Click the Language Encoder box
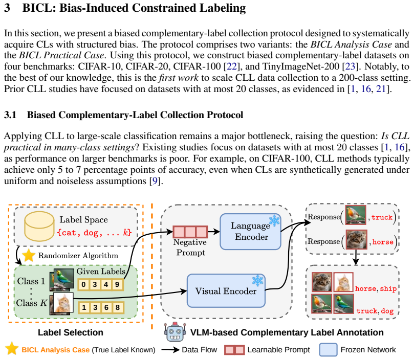click(250, 232)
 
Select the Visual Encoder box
click(226, 290)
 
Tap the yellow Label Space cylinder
click(39, 226)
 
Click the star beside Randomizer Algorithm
click(29, 255)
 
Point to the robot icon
click(175, 332)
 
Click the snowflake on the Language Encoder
click(274, 220)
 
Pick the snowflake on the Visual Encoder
click(258, 281)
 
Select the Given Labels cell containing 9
click(117, 284)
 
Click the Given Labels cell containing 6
click(106, 307)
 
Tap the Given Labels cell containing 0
click(84, 284)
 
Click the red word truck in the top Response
click(382, 217)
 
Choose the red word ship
click(388, 289)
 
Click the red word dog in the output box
click(387, 311)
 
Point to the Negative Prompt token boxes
click(190, 232)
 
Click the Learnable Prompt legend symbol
click(234, 350)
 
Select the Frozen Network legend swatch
click(328, 350)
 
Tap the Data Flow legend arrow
click(170, 350)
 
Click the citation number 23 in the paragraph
click(350, 66)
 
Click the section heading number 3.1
click(10, 115)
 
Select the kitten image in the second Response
click(357, 240)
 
